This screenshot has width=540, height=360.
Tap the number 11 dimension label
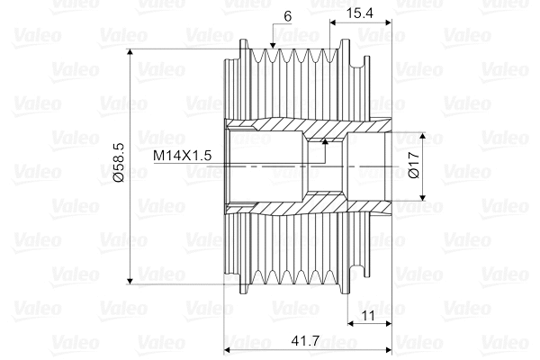pos(368,315)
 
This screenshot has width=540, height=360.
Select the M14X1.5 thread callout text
pos(182,156)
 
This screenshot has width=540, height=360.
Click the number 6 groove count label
pos(288,16)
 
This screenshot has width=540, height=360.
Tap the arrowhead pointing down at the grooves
pos(273,45)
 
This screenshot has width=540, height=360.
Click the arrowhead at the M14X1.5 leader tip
pos(325,141)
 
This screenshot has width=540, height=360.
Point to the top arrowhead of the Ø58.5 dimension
pos(130,52)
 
